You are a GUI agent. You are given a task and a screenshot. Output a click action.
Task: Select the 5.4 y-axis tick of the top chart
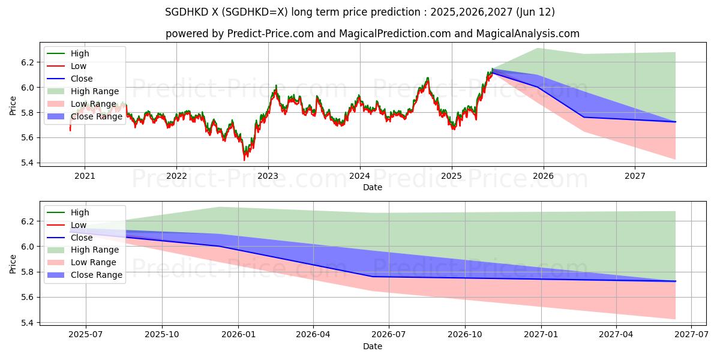point(27,163)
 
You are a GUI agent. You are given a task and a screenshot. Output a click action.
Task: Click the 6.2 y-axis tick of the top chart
point(27,62)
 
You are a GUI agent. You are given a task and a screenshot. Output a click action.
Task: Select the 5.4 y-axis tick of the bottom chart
point(27,323)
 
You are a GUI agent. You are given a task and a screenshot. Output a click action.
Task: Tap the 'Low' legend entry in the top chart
point(79,66)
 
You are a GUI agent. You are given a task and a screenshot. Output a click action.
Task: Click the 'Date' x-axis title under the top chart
point(372,187)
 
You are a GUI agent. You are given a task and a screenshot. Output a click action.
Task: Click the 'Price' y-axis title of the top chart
point(13,106)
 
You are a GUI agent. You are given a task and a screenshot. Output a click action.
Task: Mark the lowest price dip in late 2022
point(244,160)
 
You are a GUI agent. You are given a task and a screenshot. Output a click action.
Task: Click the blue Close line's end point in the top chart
point(676,122)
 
